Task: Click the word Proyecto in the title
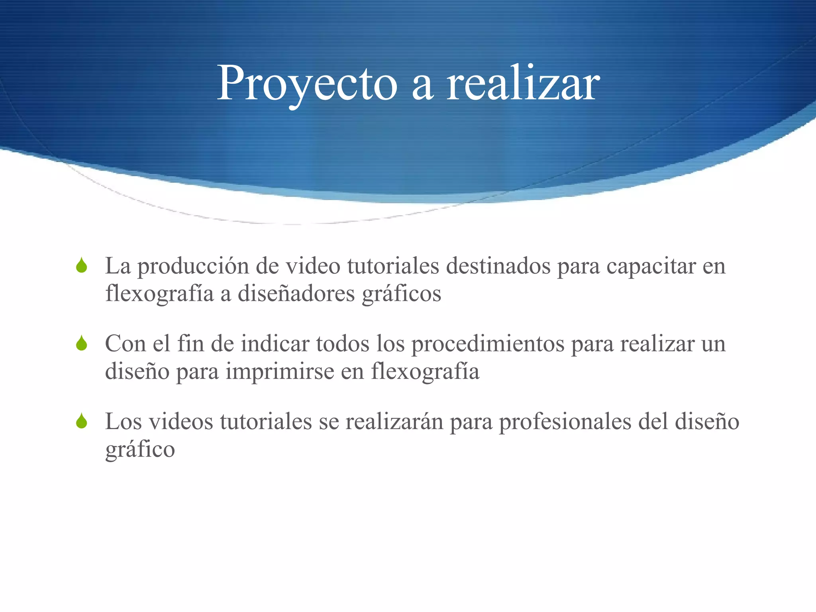coord(307,84)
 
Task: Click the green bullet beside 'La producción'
coord(82,266)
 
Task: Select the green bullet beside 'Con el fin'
coord(82,343)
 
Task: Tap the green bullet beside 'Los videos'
coord(82,421)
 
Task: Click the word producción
coord(193,267)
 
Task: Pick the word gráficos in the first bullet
coord(402,294)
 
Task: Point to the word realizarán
coord(394,421)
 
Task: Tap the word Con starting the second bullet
coord(125,343)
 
